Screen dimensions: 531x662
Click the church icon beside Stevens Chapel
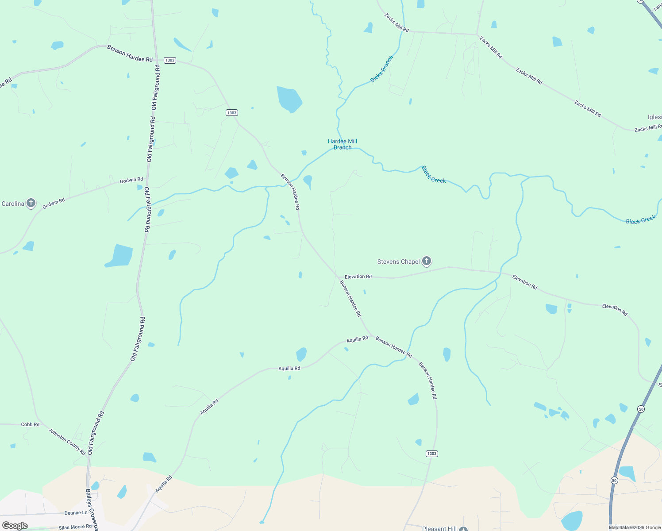tap(427, 261)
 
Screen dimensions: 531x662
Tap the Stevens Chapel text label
tap(398, 262)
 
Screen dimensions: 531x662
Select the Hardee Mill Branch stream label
tap(343, 144)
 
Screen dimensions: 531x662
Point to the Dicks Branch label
tap(381, 69)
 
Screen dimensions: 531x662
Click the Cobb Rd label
tap(30, 424)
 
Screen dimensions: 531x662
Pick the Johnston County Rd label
tap(67, 441)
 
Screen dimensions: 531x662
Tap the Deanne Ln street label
tap(76, 513)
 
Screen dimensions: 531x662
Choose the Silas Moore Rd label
tap(75, 527)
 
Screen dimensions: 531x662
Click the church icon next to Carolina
tap(31, 203)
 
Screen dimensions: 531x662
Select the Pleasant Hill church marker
tap(463, 529)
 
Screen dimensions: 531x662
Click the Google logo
tap(15, 525)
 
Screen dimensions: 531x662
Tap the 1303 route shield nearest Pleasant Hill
tap(432, 454)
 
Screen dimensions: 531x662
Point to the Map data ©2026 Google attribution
tap(635, 527)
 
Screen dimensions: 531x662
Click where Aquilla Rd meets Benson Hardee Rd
tap(371, 335)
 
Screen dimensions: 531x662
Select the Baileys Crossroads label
tap(92, 509)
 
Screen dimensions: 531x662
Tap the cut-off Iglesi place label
tap(654, 117)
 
